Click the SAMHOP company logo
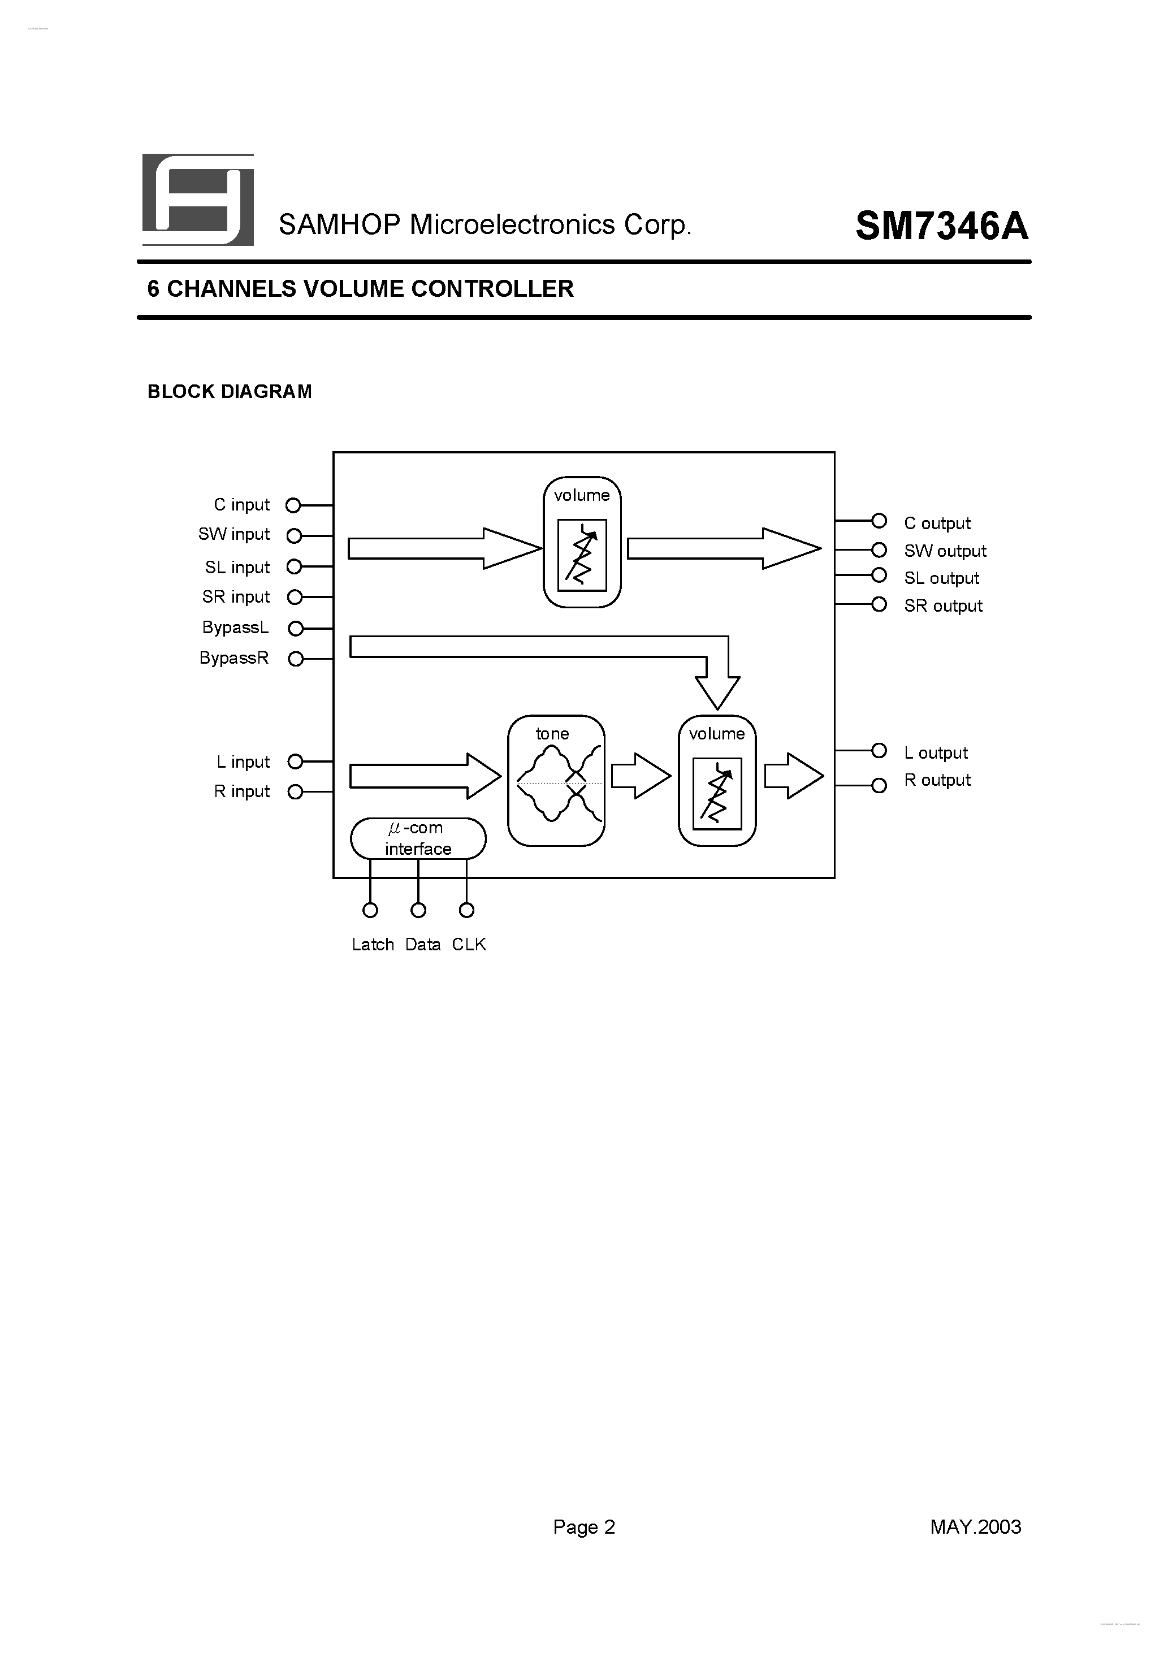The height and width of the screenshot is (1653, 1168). (x=198, y=200)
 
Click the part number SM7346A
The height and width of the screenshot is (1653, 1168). (x=942, y=227)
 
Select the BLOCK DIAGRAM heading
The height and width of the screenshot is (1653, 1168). (x=230, y=392)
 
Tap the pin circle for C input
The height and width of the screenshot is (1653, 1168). (x=293, y=505)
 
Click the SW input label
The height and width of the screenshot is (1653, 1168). (x=234, y=534)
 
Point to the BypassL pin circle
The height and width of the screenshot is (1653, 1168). (x=295, y=629)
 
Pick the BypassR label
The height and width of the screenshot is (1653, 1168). (x=234, y=658)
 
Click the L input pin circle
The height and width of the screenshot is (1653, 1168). (x=295, y=761)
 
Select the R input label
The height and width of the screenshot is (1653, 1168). (x=242, y=791)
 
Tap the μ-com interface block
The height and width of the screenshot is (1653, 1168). (x=418, y=839)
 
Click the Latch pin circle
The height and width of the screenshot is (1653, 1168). (x=370, y=911)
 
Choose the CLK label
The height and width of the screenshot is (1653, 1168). (x=469, y=945)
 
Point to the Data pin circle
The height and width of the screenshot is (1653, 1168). (x=418, y=911)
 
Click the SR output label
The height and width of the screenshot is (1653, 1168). (x=944, y=606)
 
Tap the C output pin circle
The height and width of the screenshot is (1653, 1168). (x=879, y=521)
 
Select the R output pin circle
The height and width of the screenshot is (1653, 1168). (x=879, y=785)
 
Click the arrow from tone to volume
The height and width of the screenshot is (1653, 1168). (x=640, y=776)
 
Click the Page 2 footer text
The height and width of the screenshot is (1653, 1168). (x=584, y=1527)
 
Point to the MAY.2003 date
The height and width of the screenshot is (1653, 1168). (x=976, y=1527)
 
